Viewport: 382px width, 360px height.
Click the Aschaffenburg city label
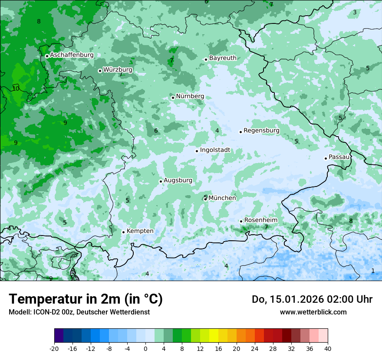pos(72,55)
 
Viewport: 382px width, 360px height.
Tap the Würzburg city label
pos(118,69)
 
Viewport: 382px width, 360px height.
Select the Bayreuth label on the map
pos(223,58)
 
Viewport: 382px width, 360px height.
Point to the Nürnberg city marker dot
pos(173,98)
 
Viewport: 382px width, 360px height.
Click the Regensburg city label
pos(261,131)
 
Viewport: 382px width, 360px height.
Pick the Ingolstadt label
pos(215,150)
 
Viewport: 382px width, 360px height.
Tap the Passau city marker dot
pos(326,158)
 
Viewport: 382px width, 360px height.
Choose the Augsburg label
pos(178,180)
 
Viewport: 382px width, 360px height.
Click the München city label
pos(222,198)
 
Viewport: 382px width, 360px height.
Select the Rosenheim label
pos(260,220)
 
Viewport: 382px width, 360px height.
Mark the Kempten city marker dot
pos(123,232)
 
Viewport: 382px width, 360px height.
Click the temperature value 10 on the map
pos(16,88)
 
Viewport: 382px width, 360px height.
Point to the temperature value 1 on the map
pos(372,271)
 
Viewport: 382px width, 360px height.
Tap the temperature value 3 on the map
pos(354,12)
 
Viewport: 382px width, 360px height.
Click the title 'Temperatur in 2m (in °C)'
pos(86,299)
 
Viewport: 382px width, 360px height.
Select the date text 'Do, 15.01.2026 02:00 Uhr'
pos(312,299)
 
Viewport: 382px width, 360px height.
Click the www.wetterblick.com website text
pos(313,312)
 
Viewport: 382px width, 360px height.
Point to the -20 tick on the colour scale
pos(54,348)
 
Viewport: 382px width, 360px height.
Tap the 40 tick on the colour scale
pos(327,348)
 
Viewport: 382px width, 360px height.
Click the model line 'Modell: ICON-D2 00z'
pos(79,312)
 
